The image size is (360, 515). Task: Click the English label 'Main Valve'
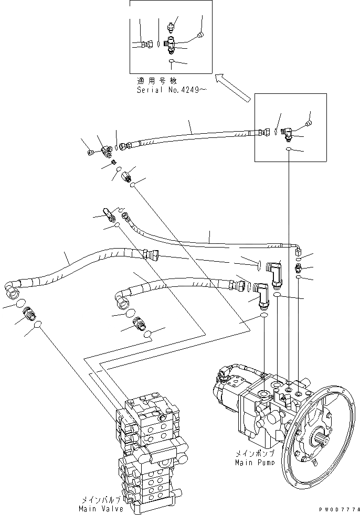coord(101,508)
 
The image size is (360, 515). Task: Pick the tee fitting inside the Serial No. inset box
coord(171,46)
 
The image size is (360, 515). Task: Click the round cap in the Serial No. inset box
coord(199,35)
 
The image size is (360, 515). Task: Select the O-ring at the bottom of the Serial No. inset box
coord(172,62)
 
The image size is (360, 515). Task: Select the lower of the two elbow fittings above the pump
coord(262,294)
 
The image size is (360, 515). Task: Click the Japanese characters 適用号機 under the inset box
coord(156,81)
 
